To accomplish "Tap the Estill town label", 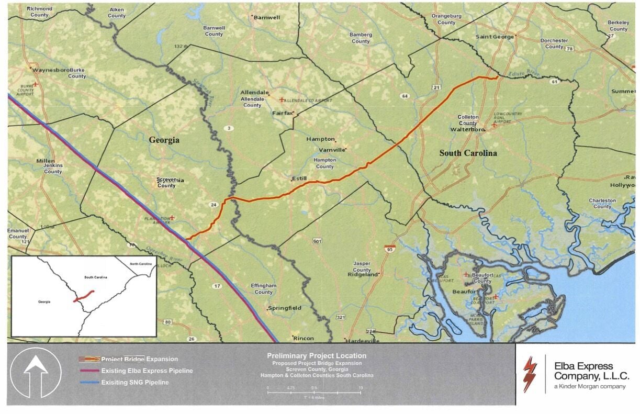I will click(x=299, y=179).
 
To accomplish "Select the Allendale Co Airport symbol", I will click(x=282, y=99).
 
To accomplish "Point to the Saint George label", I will click(x=494, y=37).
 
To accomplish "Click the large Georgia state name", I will click(x=164, y=140).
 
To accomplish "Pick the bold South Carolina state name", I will click(x=468, y=153).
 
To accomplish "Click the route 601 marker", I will click(x=317, y=241).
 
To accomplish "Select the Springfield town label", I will click(x=285, y=308).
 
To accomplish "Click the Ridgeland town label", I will click(x=363, y=274).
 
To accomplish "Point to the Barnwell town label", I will click(x=266, y=17).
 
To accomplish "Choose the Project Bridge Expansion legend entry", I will click(x=139, y=359).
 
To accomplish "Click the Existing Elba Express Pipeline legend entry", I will click(x=147, y=371).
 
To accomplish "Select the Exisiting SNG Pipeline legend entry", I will click(x=134, y=383).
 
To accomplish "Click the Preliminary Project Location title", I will click(x=317, y=356).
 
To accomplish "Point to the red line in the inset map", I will click(x=84, y=296).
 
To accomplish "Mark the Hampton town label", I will click(x=320, y=139).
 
